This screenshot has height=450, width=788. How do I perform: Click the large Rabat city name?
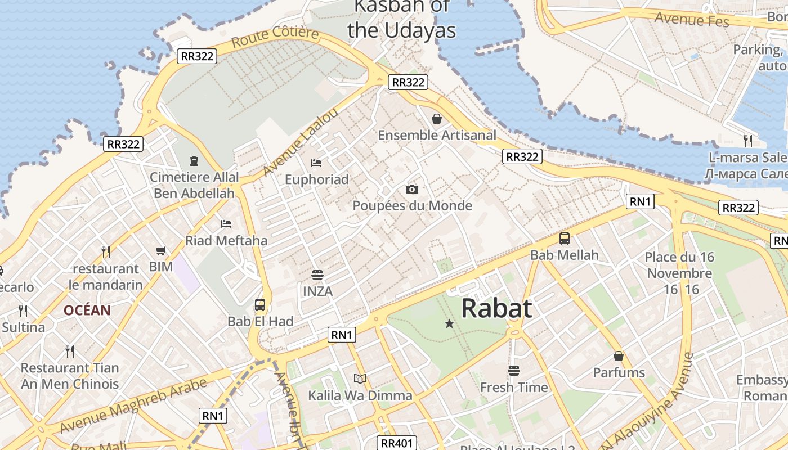tap(496, 309)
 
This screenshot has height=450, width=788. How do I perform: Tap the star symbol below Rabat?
tap(449, 323)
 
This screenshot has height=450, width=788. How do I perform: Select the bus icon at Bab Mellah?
tap(565, 238)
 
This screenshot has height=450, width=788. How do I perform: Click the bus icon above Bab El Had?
tap(259, 305)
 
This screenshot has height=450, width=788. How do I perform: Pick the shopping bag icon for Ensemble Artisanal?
tap(436, 119)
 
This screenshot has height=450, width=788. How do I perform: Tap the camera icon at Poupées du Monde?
tap(412, 189)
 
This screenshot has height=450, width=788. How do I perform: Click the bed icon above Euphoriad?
tap(316, 163)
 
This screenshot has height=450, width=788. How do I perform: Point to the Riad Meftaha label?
tap(226, 241)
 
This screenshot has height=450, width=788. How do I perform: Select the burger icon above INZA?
tap(317, 275)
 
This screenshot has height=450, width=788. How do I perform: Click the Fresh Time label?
tap(513, 388)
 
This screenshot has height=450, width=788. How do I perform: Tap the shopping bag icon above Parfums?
tap(619, 356)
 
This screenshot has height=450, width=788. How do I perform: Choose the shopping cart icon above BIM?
tap(161, 250)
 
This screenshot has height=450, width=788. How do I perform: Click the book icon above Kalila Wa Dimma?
tap(360, 379)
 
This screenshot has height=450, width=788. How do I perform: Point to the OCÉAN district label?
tap(87, 310)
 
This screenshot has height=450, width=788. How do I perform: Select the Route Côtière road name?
tap(275, 37)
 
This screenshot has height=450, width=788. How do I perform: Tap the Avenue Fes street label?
tap(692, 19)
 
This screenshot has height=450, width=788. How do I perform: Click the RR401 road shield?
tap(397, 443)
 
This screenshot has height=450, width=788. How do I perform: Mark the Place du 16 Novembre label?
tap(679, 265)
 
